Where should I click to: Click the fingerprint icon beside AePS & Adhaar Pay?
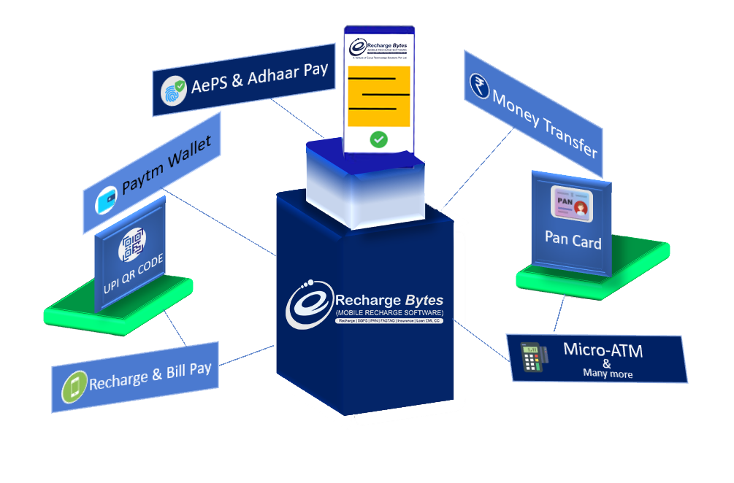click(x=174, y=93)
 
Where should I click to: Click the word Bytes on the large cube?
click(x=422, y=300)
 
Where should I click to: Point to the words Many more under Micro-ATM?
click(x=608, y=374)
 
